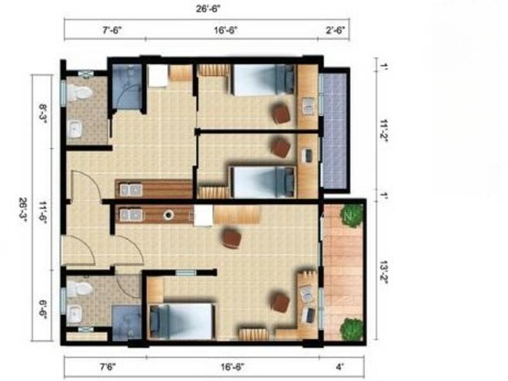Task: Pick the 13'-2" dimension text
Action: click(x=384, y=266)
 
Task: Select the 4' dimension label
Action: click(x=340, y=368)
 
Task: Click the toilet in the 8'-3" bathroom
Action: click(x=79, y=94)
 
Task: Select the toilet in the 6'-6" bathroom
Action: click(x=79, y=290)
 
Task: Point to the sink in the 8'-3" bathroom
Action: click(x=76, y=129)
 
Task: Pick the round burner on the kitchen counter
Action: click(x=169, y=215)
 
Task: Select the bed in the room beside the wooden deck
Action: click(x=181, y=321)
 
